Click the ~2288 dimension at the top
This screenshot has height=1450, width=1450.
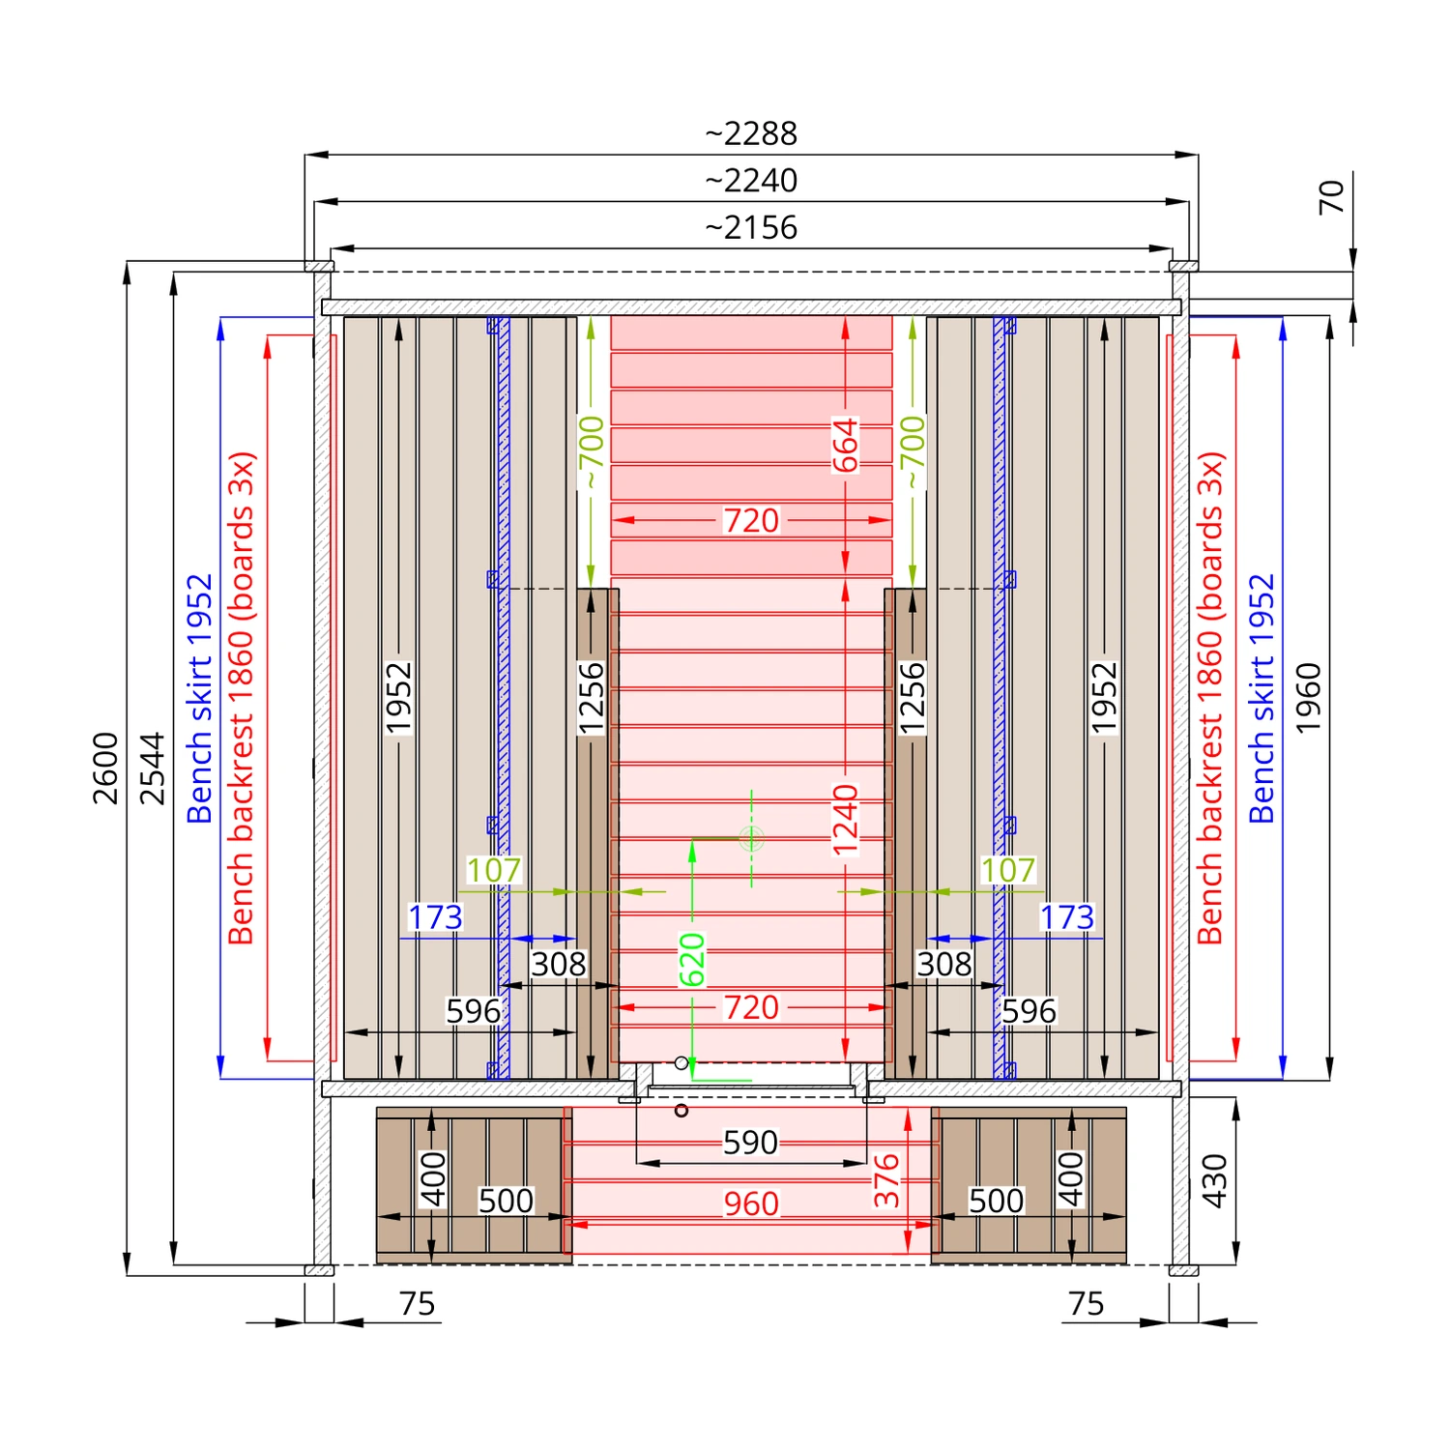point(751,133)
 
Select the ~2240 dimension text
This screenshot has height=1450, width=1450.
point(751,181)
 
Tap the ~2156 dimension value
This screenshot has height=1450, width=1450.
point(751,228)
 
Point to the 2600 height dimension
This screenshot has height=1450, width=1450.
point(105,768)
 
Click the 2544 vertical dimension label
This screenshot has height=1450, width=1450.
point(153,768)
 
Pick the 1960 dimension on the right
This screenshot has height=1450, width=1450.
point(1308,698)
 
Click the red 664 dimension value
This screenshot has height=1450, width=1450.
point(845,446)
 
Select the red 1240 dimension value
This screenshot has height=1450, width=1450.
point(845,821)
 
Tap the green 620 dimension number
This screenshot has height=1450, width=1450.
point(692,960)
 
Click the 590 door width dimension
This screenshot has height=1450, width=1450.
point(750,1143)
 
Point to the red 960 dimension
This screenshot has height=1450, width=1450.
point(751,1203)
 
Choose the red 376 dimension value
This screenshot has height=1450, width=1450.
point(886,1180)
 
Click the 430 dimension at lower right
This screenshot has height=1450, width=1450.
point(1214,1180)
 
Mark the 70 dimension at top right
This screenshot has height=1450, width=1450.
point(1331,197)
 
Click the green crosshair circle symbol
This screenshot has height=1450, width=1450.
point(751,838)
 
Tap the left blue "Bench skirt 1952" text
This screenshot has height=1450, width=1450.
point(199,698)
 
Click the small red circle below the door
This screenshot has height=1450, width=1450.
point(681,1111)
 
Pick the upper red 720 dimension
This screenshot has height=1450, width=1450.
point(751,521)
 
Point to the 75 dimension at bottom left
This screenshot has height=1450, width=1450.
point(418,1304)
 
